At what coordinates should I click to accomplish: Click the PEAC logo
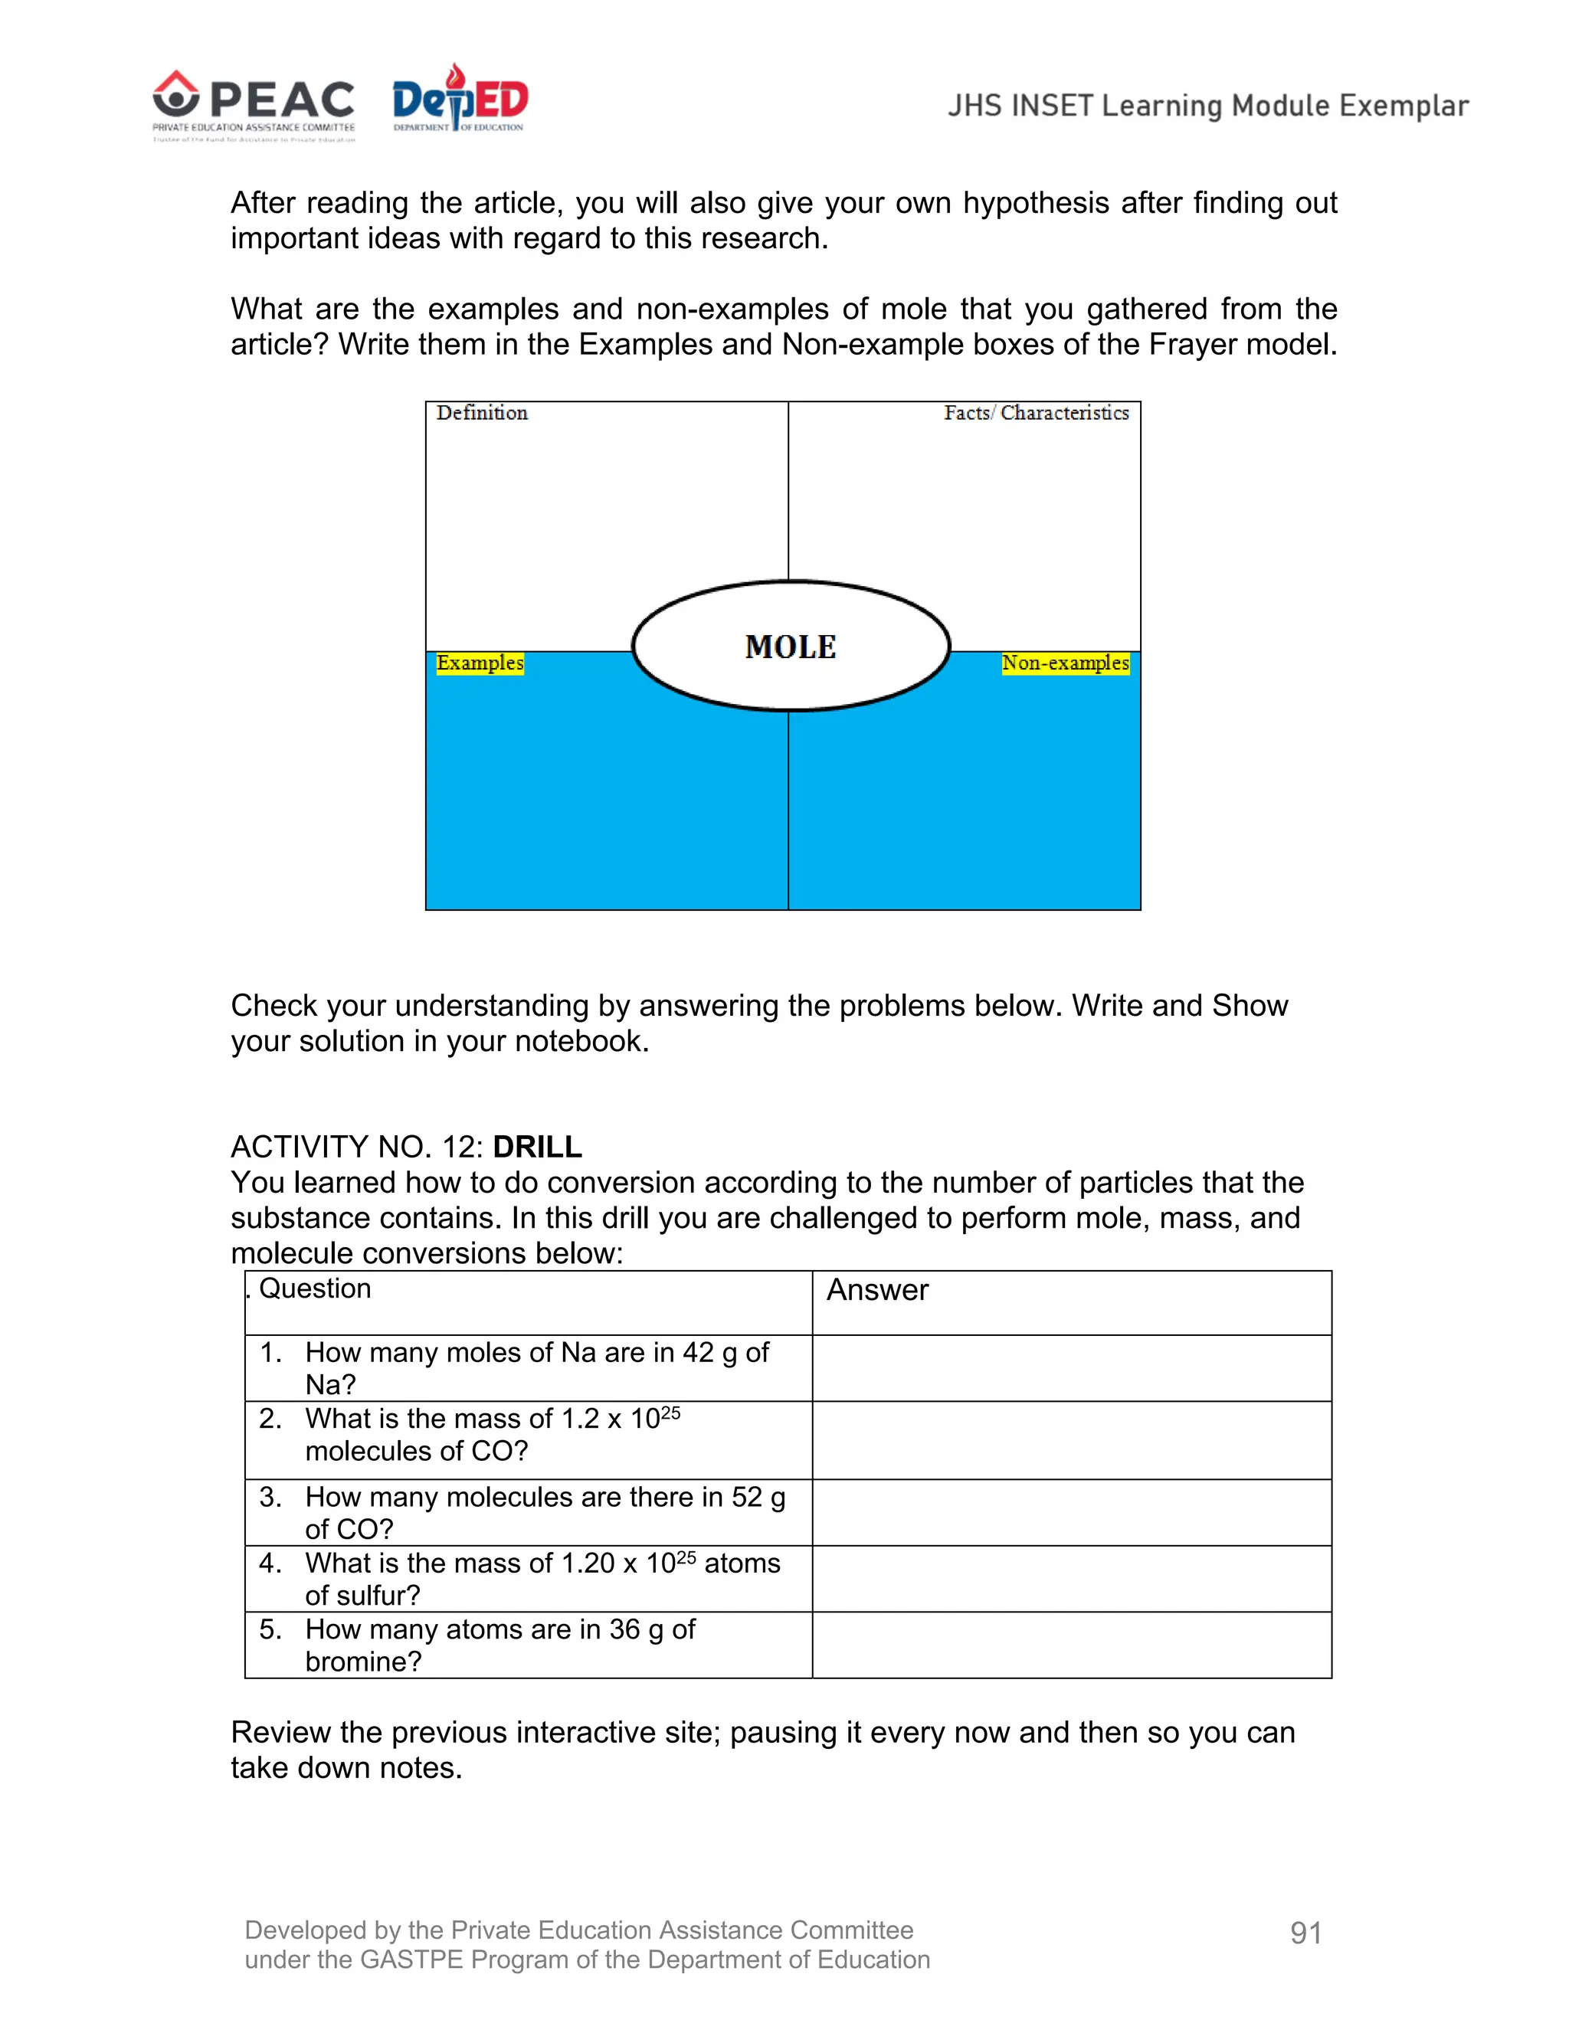pyautogui.click(x=254, y=105)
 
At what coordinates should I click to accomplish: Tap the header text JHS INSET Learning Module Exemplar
pyautogui.click(x=1207, y=106)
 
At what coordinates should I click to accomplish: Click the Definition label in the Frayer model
pyautogui.click(x=481, y=414)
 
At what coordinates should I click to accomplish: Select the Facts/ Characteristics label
pyautogui.click(x=1036, y=414)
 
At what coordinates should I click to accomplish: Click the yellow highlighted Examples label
pyautogui.click(x=480, y=663)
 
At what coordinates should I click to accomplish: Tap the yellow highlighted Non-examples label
pyautogui.click(x=1065, y=663)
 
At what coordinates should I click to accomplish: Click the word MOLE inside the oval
pyautogui.click(x=790, y=647)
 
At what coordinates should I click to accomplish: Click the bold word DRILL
pyautogui.click(x=537, y=1147)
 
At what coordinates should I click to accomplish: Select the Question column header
pyautogui.click(x=314, y=1289)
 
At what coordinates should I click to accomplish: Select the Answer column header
pyautogui.click(x=877, y=1290)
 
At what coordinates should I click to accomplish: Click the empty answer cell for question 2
pyautogui.click(x=1071, y=1440)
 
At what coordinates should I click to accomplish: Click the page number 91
pyautogui.click(x=1305, y=1933)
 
